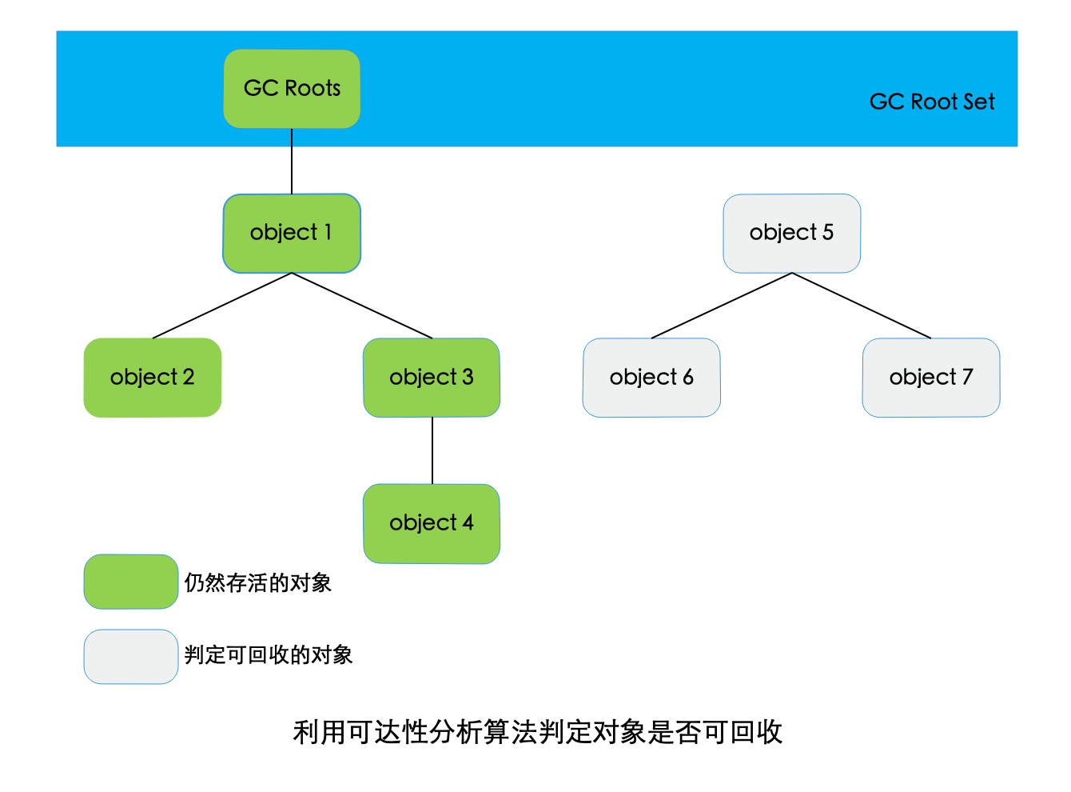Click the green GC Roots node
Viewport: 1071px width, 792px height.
[291, 89]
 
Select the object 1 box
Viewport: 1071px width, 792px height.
[291, 233]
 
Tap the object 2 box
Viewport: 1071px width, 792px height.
[153, 377]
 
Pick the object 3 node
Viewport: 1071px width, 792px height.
[432, 377]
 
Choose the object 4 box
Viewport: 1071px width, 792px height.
[432, 523]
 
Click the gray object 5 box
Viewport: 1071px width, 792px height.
[791, 233]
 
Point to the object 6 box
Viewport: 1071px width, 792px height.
[651, 377]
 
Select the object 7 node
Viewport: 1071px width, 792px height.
[930, 377]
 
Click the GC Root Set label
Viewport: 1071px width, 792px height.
[931, 102]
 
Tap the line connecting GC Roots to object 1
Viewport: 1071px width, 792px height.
[291, 161]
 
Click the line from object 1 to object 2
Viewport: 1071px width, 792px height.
[222, 305]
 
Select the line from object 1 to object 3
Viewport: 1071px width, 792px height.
[362, 305]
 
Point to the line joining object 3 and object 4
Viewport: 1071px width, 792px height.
[432, 450]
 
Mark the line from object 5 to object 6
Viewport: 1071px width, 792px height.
[722, 305]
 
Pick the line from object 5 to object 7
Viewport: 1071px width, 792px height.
[861, 305]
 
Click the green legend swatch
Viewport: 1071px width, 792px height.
[131, 581]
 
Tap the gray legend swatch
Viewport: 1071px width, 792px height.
[131, 656]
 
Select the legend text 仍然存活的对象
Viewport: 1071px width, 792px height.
[257, 582]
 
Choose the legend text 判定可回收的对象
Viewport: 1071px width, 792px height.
[268, 654]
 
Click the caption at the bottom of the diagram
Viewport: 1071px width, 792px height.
[537, 731]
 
